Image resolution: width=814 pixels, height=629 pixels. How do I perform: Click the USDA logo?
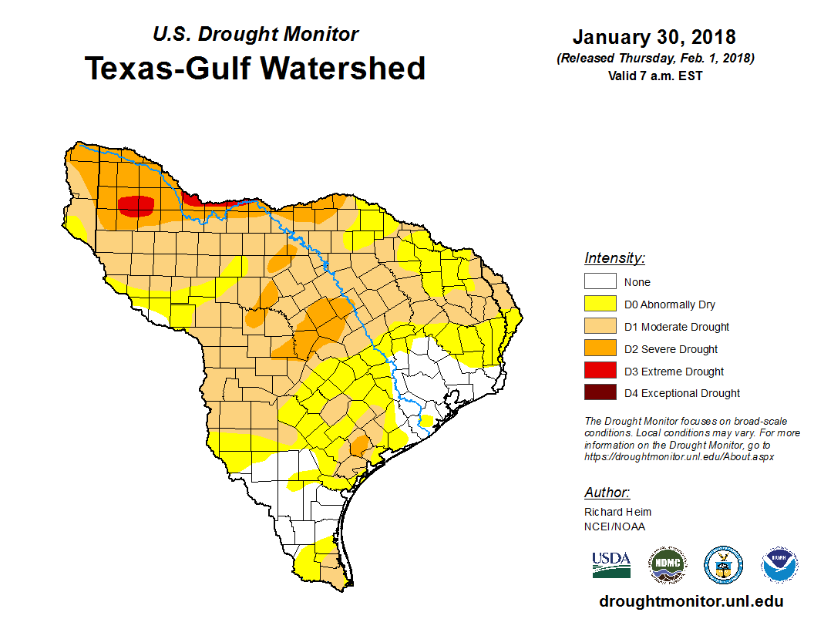click(611, 565)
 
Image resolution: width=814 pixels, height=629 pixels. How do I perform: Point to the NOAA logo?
click(779, 565)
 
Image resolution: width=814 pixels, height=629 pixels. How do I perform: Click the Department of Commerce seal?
click(724, 565)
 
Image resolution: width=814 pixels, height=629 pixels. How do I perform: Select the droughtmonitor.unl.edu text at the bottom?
click(691, 602)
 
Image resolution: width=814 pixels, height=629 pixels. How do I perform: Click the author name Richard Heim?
click(617, 512)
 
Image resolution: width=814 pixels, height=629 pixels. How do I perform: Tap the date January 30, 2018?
click(654, 37)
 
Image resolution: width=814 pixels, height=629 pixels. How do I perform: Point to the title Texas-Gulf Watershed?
click(255, 68)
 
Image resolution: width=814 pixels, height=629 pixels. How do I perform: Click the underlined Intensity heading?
click(614, 258)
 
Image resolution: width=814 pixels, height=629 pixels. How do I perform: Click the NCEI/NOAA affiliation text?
click(614, 526)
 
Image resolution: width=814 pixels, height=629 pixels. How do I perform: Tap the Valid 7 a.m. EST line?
click(654, 75)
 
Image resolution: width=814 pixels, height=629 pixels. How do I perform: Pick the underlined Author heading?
click(607, 493)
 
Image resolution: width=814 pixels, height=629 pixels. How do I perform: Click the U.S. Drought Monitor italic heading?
click(255, 34)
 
